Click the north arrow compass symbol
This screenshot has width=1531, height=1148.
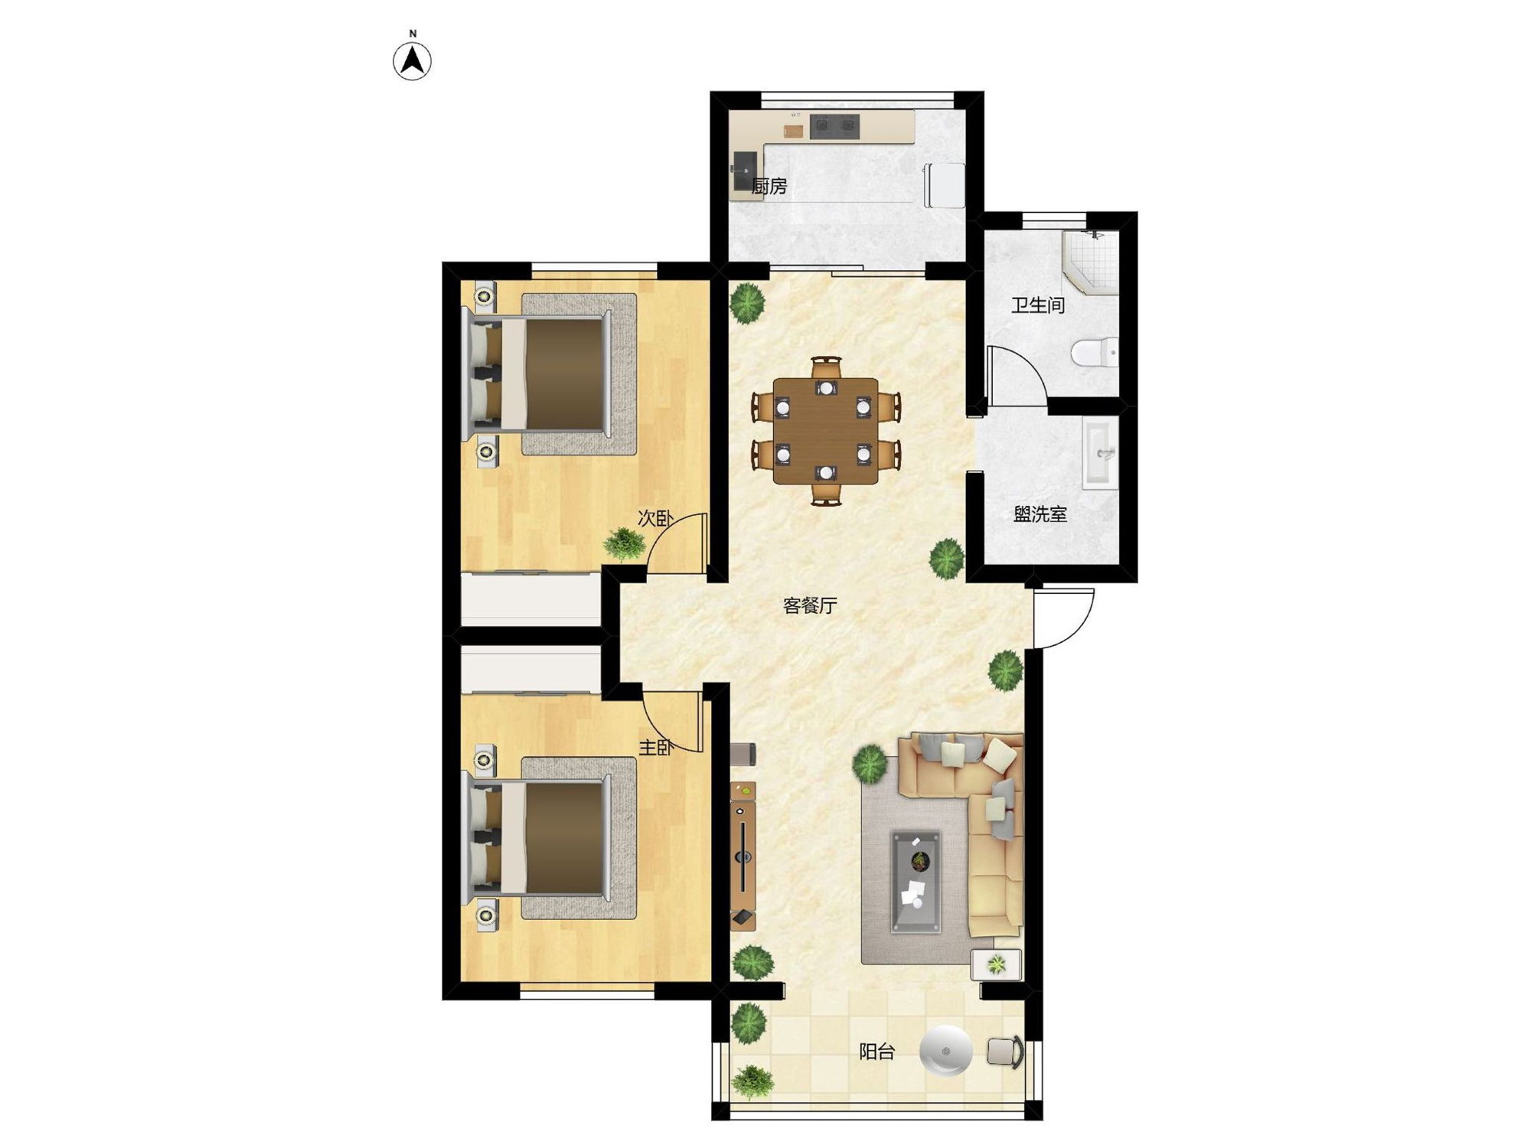point(412,60)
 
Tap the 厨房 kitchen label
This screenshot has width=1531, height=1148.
point(769,186)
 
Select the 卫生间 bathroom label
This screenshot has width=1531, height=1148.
point(1038,305)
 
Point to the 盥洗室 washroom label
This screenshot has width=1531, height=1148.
point(1040,514)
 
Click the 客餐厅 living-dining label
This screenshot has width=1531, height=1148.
point(810,605)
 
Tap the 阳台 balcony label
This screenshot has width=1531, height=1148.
point(876,1052)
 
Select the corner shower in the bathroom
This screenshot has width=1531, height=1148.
point(1090,262)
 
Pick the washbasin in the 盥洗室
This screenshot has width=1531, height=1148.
point(1100,453)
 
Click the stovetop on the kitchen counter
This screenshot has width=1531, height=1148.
point(834,126)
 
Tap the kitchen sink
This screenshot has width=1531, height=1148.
point(745,171)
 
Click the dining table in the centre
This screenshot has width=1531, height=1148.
point(825,431)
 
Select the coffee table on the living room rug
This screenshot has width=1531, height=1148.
point(916,882)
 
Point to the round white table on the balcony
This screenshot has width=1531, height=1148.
point(945,1050)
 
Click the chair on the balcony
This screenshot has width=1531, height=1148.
point(1006,1052)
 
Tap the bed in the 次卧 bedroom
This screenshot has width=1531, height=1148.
point(540,374)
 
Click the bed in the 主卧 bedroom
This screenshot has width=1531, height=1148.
point(540,838)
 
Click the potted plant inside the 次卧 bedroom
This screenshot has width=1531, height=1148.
point(624,544)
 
